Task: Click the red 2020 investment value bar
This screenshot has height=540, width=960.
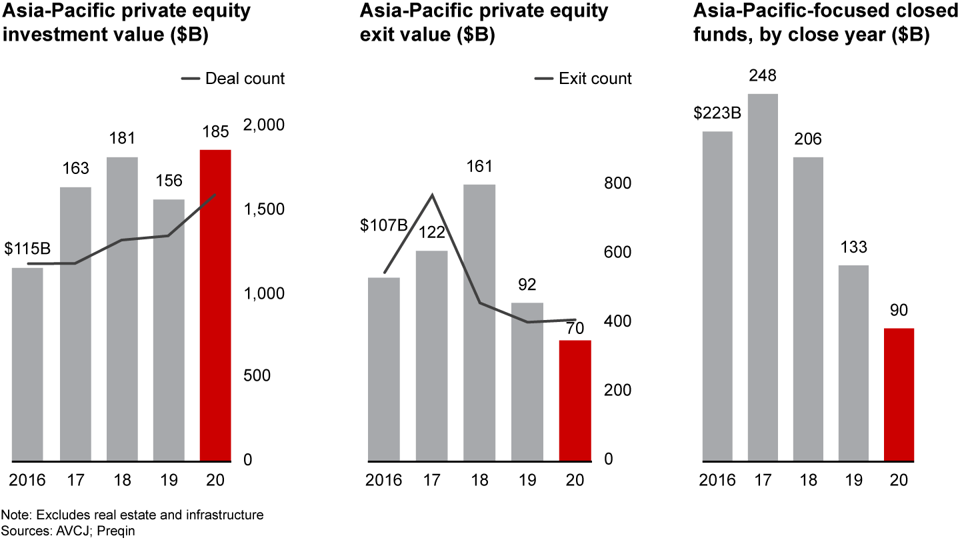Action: tap(215, 305)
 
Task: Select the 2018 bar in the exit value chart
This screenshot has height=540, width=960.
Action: tap(479, 322)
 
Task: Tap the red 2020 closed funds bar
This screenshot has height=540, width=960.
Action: tap(898, 394)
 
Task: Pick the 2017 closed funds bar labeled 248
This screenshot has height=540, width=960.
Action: tap(763, 277)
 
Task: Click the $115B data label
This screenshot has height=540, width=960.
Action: tap(28, 249)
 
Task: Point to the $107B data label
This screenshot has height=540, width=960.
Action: tap(384, 225)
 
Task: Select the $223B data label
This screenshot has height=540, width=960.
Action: tap(717, 113)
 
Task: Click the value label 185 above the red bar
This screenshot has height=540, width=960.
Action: tap(215, 131)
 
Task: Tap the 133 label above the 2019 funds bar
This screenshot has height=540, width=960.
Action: tap(854, 247)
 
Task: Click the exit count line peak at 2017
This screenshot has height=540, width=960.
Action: tap(432, 195)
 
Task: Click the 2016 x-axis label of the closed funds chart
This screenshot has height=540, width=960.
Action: tap(717, 480)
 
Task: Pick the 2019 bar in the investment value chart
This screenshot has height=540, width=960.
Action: tap(169, 330)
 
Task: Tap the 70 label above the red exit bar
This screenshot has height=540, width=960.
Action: tap(575, 328)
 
